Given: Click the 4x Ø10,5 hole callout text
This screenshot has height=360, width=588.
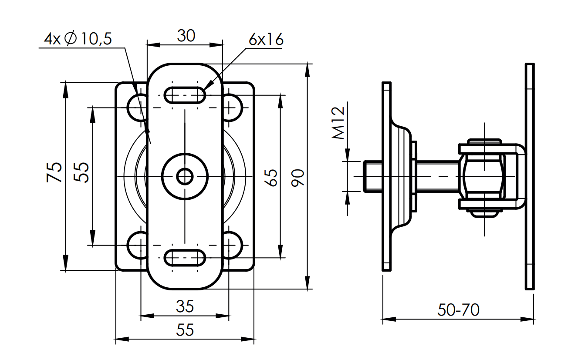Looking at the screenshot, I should coord(78,39).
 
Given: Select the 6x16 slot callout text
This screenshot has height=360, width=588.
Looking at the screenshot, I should coord(266,40).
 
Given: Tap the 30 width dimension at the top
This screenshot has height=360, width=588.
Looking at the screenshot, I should coord(186,36).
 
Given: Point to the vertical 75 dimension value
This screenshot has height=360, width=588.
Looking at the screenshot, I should coord(54,172).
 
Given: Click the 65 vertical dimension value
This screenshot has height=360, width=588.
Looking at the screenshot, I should coord(271,176).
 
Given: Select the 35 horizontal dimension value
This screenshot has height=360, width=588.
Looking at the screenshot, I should coord(185,307).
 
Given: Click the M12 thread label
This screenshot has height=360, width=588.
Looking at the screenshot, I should coord(338,123).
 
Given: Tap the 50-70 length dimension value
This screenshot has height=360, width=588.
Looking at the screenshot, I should coord(458,310).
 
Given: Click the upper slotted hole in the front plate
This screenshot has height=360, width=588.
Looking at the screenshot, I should coord(185,94).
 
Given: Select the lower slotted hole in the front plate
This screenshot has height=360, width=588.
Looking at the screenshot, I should coord(185,257).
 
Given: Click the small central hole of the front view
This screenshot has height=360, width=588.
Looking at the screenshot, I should coord(185,176).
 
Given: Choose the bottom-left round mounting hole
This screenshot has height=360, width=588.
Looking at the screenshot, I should coord(137,245).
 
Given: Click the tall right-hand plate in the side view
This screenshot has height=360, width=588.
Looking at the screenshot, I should coord(530,176).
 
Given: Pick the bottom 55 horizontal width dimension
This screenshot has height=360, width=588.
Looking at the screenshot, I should coord(185,330).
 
